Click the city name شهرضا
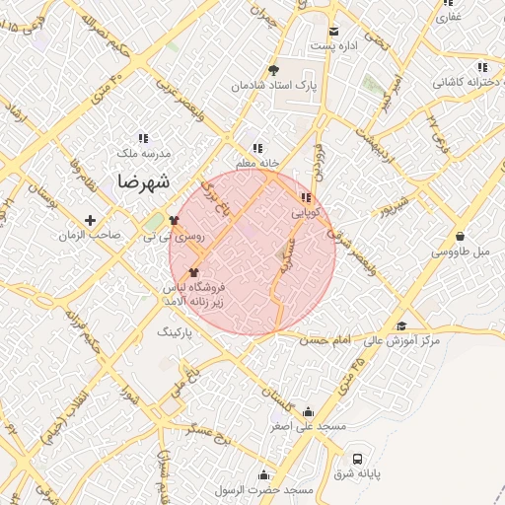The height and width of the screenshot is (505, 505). (x=144, y=181)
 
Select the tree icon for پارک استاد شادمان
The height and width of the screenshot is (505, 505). (x=273, y=69)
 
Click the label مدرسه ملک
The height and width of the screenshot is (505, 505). (x=143, y=154)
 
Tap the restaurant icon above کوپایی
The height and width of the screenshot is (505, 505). (x=304, y=196)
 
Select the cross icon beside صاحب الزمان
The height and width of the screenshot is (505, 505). (x=91, y=220)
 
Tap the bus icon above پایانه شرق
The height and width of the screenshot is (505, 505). (x=357, y=459)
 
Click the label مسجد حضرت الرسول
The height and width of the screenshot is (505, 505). (x=270, y=490)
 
